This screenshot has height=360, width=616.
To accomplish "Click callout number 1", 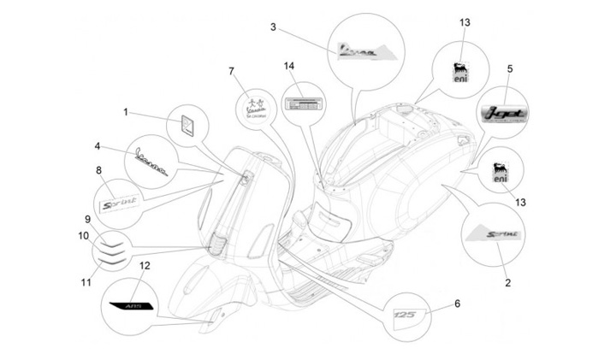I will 125,111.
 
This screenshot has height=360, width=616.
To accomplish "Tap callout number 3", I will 273,27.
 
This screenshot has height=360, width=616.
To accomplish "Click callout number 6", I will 457,303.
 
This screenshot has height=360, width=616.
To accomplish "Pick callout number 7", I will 231,72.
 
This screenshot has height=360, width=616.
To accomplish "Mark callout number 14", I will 289,66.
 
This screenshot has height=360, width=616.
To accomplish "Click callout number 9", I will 87,219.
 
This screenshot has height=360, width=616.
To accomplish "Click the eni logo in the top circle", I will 461,72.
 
